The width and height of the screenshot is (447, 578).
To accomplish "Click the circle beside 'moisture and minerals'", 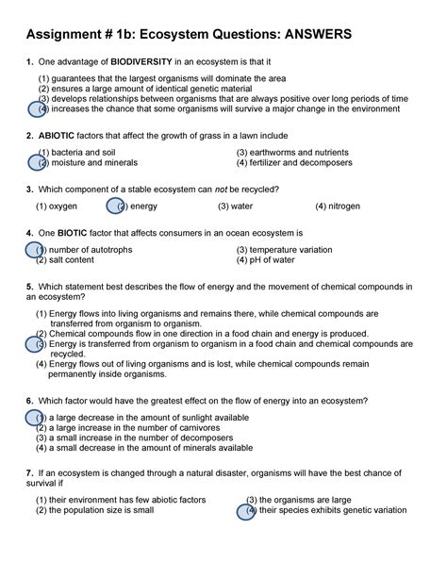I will coord(39,162).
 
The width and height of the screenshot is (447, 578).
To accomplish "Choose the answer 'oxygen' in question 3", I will coord(62,205).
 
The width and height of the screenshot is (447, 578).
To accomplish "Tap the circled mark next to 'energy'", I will coord(117,205).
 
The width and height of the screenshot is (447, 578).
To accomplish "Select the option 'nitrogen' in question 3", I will coord(345,205).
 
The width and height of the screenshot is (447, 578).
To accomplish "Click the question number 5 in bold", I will coord(30,286).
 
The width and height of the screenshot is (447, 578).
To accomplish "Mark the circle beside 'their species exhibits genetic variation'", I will coord(250,510).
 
